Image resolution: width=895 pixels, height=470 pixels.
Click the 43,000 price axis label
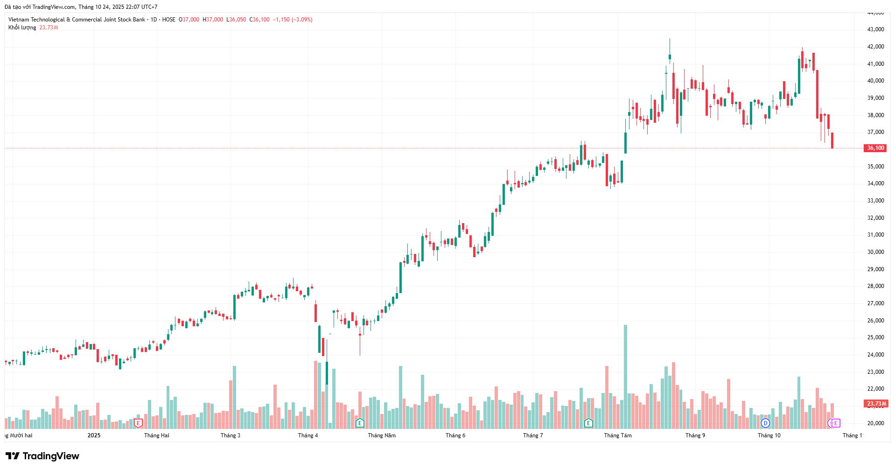875,29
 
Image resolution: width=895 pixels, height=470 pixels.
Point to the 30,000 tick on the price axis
875,252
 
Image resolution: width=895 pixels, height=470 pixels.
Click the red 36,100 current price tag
875,148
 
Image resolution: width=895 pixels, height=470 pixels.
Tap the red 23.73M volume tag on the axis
876,404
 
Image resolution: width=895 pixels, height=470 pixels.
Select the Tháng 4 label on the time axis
308,435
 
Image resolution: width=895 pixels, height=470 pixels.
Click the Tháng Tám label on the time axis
618,435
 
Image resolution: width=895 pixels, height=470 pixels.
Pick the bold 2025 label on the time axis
94,435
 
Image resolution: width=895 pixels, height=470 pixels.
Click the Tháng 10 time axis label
769,435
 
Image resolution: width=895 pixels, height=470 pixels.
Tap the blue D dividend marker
765,423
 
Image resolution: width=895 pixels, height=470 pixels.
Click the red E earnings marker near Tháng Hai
138,423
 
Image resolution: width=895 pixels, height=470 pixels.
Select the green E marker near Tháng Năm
360,423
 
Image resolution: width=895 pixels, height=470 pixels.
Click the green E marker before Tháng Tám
589,423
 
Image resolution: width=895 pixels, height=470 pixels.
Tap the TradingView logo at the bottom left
42,456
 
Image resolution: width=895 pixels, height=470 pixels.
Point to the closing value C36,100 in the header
259,20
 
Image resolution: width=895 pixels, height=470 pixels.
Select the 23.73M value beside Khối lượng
49,28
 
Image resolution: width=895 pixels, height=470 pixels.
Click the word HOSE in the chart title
169,20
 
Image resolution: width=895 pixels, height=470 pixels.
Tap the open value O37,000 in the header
189,20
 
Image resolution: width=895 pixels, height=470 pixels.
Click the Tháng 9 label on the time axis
695,435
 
